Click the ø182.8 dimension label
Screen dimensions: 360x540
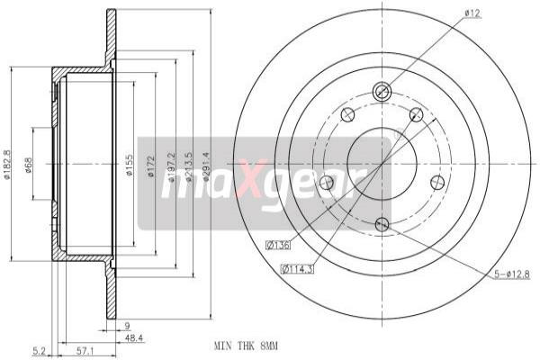click(8, 165)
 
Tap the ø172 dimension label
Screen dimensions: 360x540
click(149, 166)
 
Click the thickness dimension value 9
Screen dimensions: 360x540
click(128, 327)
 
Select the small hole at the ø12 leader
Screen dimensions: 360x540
click(381, 91)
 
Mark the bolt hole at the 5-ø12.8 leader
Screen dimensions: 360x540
click(382, 224)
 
